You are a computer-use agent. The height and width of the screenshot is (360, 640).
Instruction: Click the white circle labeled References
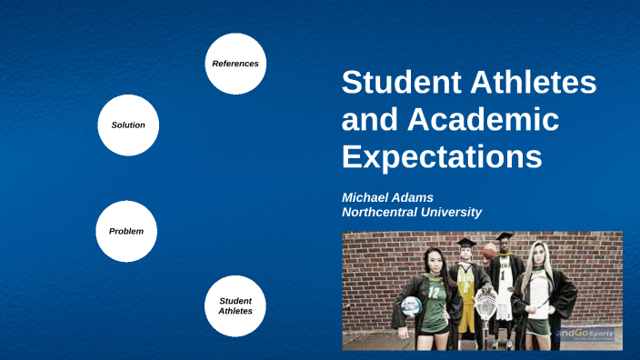click(235, 64)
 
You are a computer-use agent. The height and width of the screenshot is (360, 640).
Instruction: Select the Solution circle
click(128, 125)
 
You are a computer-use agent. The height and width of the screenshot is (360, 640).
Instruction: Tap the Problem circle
click(126, 231)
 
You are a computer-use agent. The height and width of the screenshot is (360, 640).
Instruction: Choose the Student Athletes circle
click(235, 305)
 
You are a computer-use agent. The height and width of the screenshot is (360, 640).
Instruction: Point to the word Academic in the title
click(485, 119)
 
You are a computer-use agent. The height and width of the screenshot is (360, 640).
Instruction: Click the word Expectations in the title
click(442, 155)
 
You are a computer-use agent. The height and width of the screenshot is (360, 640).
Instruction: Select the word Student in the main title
click(396, 84)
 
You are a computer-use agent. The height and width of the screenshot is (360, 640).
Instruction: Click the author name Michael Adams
click(387, 196)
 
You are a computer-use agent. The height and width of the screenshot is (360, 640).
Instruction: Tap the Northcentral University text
click(411, 212)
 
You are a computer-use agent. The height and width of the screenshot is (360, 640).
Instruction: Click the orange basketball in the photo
click(490, 250)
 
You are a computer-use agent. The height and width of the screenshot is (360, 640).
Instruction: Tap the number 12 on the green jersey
click(433, 293)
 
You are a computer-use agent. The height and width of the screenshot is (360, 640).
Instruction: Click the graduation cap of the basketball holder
click(505, 237)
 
